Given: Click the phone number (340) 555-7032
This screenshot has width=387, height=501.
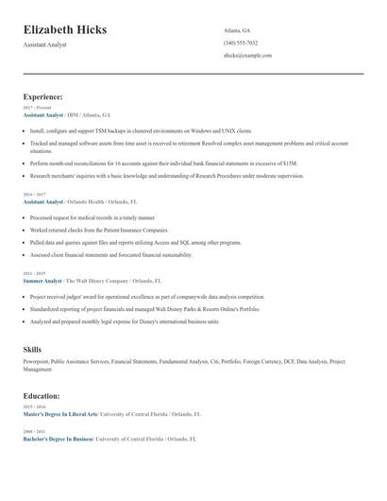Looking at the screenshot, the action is click(x=241, y=43).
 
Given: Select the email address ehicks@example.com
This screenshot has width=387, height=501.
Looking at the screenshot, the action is click(x=247, y=55).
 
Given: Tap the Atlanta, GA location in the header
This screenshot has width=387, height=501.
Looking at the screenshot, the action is click(x=237, y=30).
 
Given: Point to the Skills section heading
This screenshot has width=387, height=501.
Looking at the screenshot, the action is click(x=32, y=350).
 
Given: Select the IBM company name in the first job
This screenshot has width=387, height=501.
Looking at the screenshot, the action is click(x=74, y=114).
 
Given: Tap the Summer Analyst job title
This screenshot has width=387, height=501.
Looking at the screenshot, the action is click(x=42, y=281).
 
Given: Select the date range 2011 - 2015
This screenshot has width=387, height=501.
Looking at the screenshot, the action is click(x=34, y=274).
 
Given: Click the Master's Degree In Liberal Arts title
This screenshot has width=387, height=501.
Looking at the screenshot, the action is click(x=60, y=413).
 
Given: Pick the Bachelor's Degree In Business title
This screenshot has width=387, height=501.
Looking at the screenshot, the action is click(x=58, y=440).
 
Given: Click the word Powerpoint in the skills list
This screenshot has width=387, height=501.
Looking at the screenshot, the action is click(x=36, y=361).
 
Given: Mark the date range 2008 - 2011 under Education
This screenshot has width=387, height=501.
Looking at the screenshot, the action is click(x=34, y=432).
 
